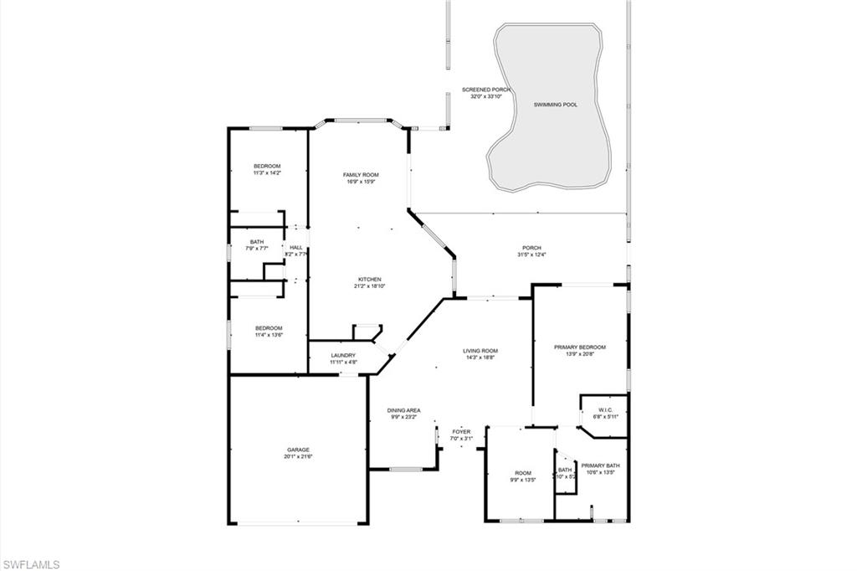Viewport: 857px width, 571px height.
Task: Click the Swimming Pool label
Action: (x=556, y=105)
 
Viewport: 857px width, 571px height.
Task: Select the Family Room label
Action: (x=361, y=174)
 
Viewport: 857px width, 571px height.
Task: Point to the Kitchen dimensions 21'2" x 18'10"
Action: (x=368, y=286)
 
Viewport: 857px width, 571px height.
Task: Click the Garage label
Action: (x=297, y=449)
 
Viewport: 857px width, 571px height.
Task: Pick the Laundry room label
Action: (x=343, y=355)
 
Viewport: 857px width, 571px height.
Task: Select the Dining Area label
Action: (x=403, y=410)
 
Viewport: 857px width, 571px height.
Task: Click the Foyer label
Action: (x=462, y=432)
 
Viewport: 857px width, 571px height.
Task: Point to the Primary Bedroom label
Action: (x=580, y=347)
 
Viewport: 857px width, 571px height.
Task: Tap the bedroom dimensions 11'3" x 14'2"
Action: (x=267, y=173)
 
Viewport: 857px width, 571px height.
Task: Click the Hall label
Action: (x=296, y=247)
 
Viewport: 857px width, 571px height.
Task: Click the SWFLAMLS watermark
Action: (x=30, y=564)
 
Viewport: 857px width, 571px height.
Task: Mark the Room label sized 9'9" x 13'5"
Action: (x=523, y=473)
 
